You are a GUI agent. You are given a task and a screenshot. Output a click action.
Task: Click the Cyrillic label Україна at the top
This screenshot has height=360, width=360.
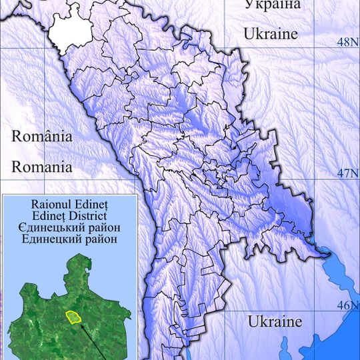point(272,5)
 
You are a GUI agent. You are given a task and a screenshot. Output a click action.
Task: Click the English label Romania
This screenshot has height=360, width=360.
point(41,167)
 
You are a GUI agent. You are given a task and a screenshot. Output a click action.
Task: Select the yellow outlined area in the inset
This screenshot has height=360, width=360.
point(72,316)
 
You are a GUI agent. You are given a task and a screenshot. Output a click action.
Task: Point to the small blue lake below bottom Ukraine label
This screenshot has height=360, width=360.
point(286,347)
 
